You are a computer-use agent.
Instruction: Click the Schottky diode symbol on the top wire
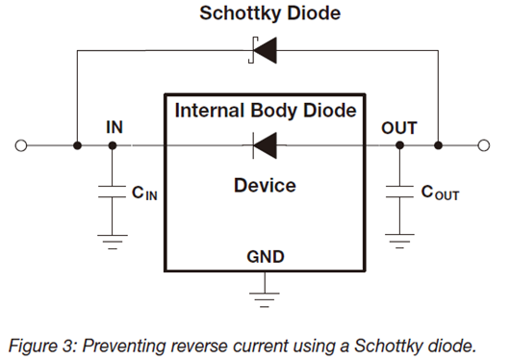pos(263,50)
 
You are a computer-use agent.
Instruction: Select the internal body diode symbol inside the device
pos(265,145)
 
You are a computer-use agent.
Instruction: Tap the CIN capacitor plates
pos(112,192)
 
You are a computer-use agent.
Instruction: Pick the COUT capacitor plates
pos(399,192)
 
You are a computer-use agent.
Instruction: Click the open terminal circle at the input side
pos(21,145)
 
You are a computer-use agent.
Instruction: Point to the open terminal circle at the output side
pos(484,145)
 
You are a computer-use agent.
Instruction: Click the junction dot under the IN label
pos(113,145)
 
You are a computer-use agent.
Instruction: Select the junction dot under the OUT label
pos(399,145)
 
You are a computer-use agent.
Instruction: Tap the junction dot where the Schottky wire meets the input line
pos(77,145)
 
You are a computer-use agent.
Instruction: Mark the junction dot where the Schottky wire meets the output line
pos(438,145)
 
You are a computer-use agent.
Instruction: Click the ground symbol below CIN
pos(113,242)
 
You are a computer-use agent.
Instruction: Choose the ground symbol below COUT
pos(399,242)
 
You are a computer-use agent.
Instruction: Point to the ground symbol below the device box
pos(265,299)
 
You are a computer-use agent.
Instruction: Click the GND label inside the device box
pos(266,257)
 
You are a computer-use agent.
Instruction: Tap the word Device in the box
pos(265,186)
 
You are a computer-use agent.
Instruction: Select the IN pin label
pos(115,127)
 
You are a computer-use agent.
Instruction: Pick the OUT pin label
pos(399,128)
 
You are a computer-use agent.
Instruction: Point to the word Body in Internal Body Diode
pos(274,111)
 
